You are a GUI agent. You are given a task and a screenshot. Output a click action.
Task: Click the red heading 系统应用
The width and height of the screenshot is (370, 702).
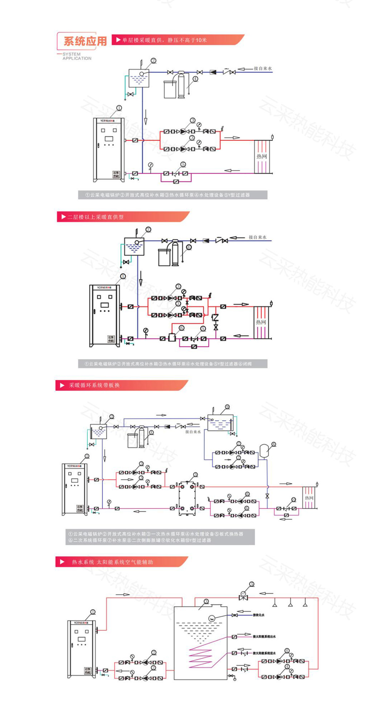point(85,41)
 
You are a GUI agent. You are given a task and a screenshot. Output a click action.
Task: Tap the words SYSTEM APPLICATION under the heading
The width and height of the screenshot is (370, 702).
point(77,56)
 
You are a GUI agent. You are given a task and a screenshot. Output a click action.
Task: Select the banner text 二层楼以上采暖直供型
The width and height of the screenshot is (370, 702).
point(96,217)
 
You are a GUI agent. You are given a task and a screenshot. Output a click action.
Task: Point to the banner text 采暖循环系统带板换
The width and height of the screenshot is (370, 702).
point(94,385)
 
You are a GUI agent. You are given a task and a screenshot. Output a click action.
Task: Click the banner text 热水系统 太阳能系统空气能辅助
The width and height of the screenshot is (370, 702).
point(112,562)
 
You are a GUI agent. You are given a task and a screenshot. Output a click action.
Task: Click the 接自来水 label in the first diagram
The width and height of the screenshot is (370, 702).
point(263,69)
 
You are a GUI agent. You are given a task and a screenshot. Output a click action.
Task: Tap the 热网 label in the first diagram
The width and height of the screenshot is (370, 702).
point(262,156)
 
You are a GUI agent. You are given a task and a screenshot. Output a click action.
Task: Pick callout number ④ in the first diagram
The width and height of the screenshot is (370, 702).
point(195,79)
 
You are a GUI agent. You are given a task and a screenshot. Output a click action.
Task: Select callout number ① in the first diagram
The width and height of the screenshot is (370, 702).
point(119,108)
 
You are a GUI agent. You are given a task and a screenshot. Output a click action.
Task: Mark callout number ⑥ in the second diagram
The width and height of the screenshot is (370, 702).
point(181,328)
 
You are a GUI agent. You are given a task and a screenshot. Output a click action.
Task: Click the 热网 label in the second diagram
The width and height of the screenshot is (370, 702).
point(261,322)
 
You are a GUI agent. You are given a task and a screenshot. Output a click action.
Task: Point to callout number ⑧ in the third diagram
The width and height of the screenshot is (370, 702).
point(273,444)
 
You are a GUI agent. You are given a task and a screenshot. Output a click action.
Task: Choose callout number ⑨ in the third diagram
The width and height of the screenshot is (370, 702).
point(227,407)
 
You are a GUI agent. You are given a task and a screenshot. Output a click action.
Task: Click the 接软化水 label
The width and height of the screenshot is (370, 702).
point(258,615)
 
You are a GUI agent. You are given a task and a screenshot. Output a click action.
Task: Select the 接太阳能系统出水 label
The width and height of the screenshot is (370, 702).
point(264,637)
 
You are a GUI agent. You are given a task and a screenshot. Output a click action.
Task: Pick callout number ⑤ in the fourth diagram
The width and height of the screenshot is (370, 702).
point(252,584)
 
